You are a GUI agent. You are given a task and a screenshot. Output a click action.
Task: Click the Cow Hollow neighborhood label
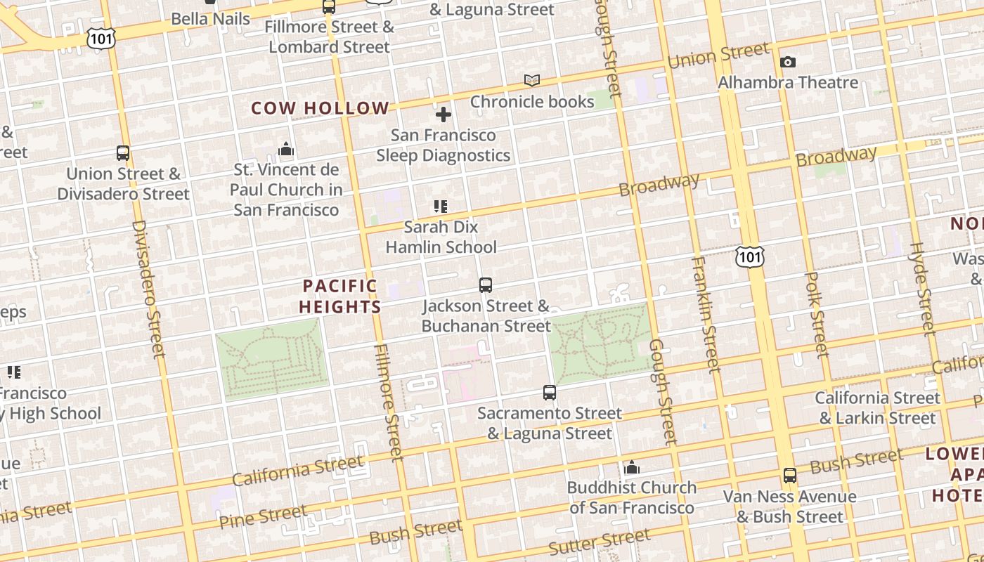[320, 108]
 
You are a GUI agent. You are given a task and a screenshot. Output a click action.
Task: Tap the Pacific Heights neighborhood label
[340, 296]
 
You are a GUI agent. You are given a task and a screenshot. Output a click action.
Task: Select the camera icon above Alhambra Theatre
[788, 62]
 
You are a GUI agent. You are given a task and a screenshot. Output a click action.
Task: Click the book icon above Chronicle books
[532, 81]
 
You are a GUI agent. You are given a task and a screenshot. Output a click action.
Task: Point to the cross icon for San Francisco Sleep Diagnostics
[444, 115]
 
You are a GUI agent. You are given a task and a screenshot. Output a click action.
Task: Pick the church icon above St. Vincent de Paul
[286, 149]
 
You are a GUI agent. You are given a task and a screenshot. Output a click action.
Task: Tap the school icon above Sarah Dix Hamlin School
[441, 207]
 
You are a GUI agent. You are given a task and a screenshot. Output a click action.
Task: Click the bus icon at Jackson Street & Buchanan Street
[486, 285]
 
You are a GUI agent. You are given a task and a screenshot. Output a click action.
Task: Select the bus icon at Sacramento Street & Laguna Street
[550, 393]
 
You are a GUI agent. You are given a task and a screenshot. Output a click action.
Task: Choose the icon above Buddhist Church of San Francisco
[632, 467]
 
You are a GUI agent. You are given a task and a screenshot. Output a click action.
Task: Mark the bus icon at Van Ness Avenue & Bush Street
[790, 476]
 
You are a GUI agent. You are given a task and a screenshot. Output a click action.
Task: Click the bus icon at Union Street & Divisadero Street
[123, 153]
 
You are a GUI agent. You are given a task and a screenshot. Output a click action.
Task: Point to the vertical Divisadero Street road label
[148, 289]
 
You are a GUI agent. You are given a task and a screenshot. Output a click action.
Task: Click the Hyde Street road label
[924, 288]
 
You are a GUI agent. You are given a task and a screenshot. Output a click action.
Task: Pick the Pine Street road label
[263, 517]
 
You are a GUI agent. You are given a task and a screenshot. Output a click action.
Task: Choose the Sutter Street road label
[600, 542]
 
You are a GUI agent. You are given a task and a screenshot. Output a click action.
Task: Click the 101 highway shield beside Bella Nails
[101, 39]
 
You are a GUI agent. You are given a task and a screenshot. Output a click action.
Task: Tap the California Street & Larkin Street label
[877, 408]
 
